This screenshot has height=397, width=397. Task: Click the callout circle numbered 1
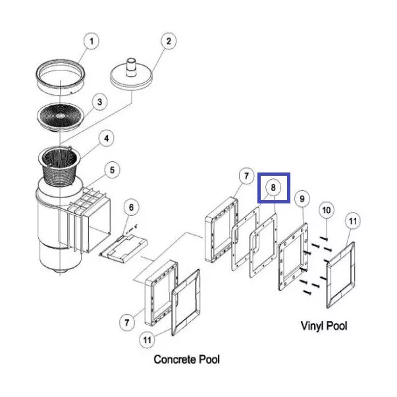(91, 41)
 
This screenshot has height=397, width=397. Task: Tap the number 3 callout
(99, 101)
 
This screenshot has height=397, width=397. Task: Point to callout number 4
(103, 138)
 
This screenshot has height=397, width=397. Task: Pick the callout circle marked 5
(113, 171)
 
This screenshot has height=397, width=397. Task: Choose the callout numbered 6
(131, 208)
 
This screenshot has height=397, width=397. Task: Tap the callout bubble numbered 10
(327, 209)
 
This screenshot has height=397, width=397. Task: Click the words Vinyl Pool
(323, 325)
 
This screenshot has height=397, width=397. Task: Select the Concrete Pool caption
(186, 359)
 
